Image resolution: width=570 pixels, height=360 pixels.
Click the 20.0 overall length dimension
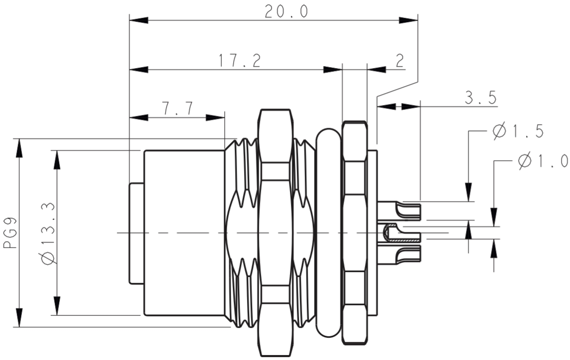pyautogui.click(x=286, y=11)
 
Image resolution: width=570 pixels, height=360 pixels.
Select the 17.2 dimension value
pyautogui.click(x=240, y=60)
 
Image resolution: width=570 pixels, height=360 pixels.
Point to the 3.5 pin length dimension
pyautogui.click(x=481, y=97)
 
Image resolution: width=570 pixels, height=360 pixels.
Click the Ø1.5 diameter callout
pyautogui.click(x=518, y=131)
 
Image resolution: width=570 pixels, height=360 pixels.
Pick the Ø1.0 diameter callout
pyautogui.click(x=542, y=161)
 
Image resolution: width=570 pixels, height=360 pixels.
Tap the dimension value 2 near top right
pyautogui.click(x=399, y=60)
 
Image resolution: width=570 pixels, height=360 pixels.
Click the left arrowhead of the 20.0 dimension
pyautogui.click(x=139, y=20)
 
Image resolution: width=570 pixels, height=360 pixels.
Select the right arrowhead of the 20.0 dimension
pyautogui.click(x=408, y=20)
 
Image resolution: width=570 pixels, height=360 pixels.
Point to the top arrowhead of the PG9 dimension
pyautogui.click(x=19, y=148)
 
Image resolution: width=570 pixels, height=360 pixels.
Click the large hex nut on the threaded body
pyautogui.click(x=275, y=232)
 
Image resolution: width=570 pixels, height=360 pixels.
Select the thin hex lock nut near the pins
pyautogui.click(x=355, y=232)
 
